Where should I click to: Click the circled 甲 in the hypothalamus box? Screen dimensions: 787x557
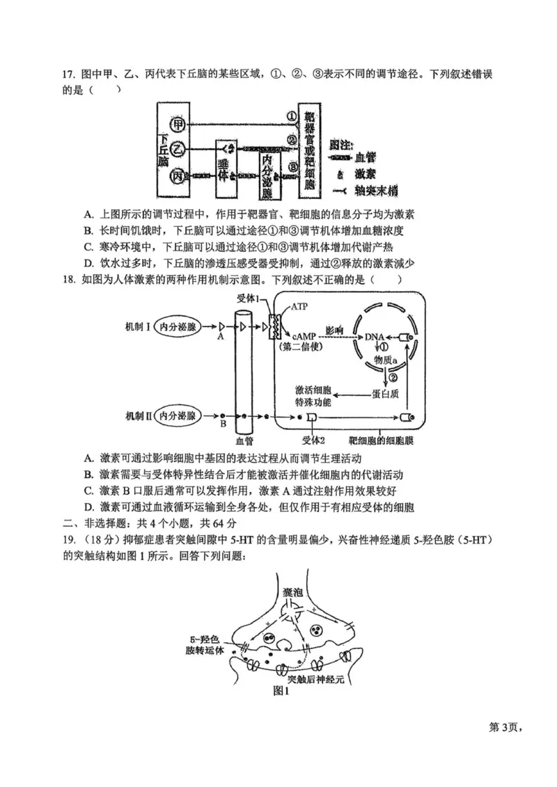[179, 125]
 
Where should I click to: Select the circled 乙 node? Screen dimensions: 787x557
[179, 149]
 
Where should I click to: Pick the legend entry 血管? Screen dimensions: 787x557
[377, 159]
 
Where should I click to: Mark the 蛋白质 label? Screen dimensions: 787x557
[386, 394]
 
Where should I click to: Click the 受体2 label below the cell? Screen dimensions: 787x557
[313, 440]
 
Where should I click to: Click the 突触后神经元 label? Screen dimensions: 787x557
[316, 678]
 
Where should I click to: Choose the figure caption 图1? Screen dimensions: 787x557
[281, 691]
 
